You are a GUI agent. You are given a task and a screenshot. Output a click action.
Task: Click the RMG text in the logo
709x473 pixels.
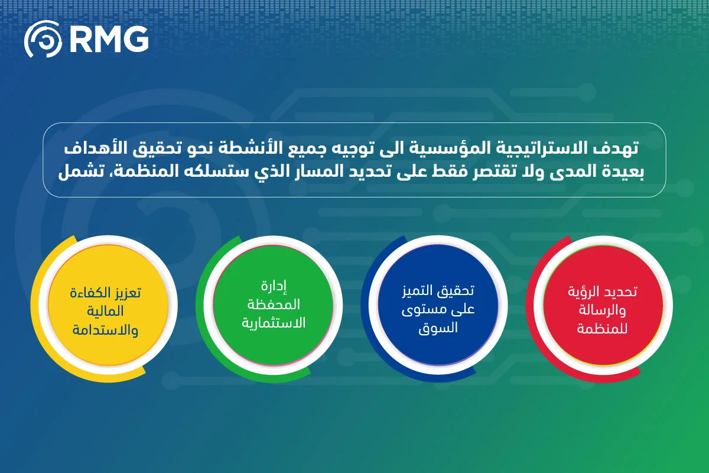[109, 39]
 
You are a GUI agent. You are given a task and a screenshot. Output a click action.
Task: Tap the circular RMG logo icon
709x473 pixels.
[43, 39]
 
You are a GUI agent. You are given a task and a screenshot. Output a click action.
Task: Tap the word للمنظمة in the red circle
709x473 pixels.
[601, 329]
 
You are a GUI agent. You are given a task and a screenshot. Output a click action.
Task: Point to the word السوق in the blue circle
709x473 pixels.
[438, 328]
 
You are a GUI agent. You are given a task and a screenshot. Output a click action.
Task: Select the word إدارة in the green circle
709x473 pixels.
[274, 286]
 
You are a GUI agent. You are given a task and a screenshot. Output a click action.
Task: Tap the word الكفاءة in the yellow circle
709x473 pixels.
[88, 293]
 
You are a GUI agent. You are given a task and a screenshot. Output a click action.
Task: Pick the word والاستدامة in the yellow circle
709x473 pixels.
[105, 330]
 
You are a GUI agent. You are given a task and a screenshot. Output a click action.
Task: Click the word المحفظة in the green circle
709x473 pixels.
[274, 304]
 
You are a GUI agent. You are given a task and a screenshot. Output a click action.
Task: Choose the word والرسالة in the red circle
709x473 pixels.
[602, 310]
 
